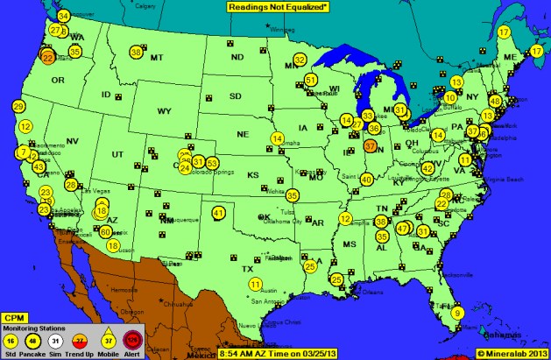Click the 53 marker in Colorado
212,163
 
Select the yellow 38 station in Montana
136,53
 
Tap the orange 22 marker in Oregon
48,58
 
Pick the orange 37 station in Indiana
370,146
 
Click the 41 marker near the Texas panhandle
218,213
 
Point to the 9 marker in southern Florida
458,314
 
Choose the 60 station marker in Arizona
105,232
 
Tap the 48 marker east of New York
495,101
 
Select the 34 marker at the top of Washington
64,17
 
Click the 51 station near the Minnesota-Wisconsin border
311,80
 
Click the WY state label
164,112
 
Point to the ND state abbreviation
237,58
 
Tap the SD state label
235,95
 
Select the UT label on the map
117,154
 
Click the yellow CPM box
13,317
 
